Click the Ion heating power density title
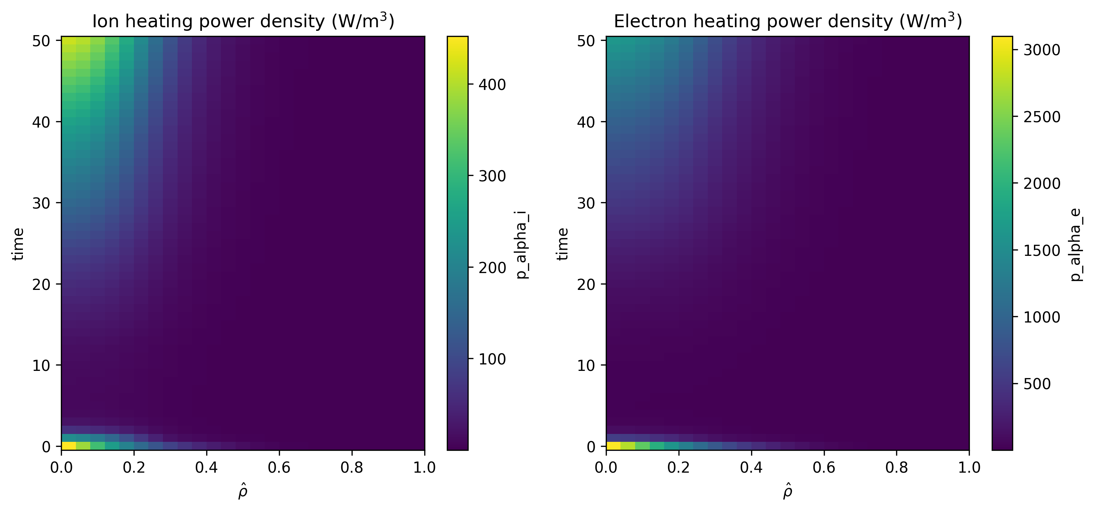coord(243,21)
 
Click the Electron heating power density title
coord(788,21)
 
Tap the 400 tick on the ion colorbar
coord(492,85)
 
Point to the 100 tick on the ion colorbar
coord(492,359)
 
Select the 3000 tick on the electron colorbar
coord(1041,50)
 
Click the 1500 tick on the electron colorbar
coord(1041,250)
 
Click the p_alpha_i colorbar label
coord(522,245)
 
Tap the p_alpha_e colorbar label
coord(1077,247)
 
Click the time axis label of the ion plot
coord(18,244)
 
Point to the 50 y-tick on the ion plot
coord(41,41)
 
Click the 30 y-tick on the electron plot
coord(586,204)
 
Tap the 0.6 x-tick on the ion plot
coord(279,468)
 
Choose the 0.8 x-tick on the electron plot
coord(896,468)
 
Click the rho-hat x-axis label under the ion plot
coord(243,491)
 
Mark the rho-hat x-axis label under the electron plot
coord(788,491)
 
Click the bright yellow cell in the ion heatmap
coord(69,445)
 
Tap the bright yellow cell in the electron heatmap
coord(613,445)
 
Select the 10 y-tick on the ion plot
coord(41,365)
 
